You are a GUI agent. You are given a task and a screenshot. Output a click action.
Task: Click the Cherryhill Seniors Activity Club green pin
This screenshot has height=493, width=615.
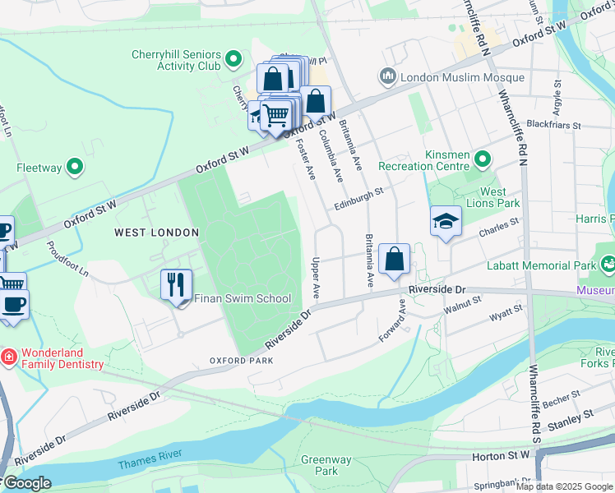click(x=234, y=58)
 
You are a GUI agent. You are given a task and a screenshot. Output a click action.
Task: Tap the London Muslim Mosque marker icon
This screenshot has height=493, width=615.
click(x=388, y=78)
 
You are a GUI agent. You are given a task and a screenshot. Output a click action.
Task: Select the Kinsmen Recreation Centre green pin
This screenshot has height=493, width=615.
click(x=482, y=159)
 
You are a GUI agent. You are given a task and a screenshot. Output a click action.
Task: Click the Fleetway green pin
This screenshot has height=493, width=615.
click(x=76, y=168)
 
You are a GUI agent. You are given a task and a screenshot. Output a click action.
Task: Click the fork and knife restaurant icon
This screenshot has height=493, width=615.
click(x=176, y=285)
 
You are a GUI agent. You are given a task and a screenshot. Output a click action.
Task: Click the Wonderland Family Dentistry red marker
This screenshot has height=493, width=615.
click(x=8, y=357)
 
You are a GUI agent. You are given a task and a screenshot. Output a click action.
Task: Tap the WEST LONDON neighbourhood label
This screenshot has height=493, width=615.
click(x=156, y=233)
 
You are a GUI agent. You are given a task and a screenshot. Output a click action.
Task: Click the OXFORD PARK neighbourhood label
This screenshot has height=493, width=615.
click(x=240, y=361)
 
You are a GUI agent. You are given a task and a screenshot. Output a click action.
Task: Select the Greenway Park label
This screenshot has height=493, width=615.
click(x=326, y=466)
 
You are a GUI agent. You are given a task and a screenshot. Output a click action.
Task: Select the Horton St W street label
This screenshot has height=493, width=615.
click(x=500, y=454)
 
